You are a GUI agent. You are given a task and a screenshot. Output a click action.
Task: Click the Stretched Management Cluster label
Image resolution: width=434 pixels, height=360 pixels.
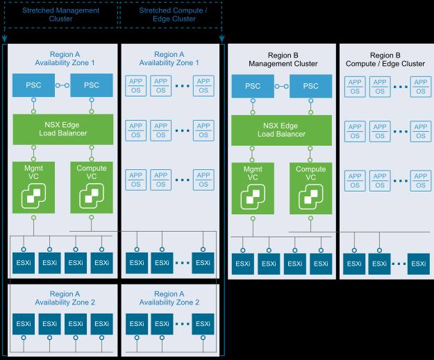[x=60, y=15]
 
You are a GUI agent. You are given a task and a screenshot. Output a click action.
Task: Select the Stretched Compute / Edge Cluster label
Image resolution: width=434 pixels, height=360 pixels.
[x=174, y=15]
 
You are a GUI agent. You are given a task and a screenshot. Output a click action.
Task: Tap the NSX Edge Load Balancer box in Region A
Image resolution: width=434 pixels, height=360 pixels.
[x=63, y=129]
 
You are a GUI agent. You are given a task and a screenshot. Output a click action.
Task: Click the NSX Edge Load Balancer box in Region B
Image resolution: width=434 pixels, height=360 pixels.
[x=281, y=130]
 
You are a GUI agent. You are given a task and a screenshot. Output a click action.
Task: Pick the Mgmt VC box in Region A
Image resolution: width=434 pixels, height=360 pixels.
[x=33, y=187]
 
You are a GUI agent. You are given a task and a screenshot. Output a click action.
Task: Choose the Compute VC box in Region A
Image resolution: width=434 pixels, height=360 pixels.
[x=92, y=187]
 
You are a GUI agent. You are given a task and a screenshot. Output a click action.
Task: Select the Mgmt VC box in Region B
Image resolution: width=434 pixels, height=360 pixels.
[x=253, y=188]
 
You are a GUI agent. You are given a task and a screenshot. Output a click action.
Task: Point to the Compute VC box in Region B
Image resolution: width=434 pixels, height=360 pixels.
[x=311, y=188]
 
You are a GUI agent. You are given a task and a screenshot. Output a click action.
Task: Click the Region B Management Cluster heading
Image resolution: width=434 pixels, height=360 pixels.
[x=283, y=60]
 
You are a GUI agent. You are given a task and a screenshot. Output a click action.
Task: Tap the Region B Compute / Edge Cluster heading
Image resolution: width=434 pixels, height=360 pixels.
[x=385, y=60]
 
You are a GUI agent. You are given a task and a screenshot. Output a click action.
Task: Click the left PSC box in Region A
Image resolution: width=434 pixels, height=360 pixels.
[x=33, y=85]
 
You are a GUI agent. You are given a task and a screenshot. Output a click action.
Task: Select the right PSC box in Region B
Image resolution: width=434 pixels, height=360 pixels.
[x=311, y=86]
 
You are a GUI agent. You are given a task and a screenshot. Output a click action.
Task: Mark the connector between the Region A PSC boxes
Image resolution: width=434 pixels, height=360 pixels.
[x=62, y=85]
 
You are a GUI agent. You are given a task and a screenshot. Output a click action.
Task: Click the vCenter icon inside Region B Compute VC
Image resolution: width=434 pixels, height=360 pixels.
[x=311, y=198]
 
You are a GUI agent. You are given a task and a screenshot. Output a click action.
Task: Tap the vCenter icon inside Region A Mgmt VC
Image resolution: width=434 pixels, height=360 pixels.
[x=33, y=196]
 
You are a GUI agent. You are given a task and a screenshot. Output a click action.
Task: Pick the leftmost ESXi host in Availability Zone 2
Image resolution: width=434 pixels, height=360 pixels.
[x=24, y=324]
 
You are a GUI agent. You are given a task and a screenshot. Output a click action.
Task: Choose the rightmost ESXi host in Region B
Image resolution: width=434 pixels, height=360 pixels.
[x=419, y=264]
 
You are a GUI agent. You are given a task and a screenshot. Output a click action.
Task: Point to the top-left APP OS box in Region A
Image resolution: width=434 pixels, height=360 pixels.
[x=135, y=86]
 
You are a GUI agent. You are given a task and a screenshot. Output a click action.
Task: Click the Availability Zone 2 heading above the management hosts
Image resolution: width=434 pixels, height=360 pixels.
[x=65, y=298]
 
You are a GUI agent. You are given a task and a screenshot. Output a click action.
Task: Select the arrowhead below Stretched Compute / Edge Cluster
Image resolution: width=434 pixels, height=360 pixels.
[x=222, y=39]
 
